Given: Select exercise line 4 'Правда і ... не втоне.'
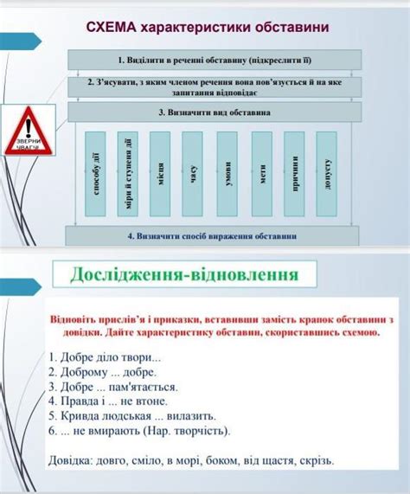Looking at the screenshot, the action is pos(108,401).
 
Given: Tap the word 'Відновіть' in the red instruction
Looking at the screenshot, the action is pos(78,320).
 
